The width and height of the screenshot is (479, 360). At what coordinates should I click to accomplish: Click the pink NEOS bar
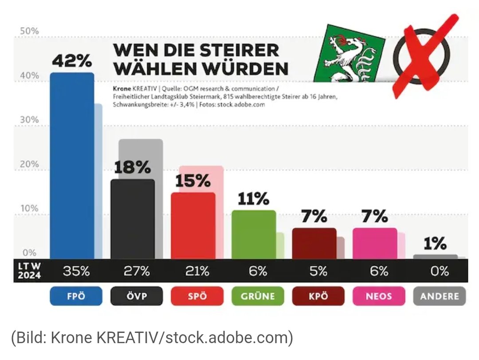[x=374, y=243]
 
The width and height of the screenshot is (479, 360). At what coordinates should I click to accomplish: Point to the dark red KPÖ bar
[x=314, y=243]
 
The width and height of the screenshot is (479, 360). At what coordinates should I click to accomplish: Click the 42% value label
[x=72, y=60]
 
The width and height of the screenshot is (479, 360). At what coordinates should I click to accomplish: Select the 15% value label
[x=193, y=181]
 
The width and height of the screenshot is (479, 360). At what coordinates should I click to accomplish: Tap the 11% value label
[x=253, y=199]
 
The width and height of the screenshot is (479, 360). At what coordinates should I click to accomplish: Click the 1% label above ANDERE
[x=435, y=243]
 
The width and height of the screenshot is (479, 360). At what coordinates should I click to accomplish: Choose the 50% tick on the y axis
[x=30, y=32]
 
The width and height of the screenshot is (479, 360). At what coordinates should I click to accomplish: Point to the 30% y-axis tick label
[x=30, y=120]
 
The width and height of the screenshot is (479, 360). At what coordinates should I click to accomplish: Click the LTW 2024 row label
[x=30, y=271]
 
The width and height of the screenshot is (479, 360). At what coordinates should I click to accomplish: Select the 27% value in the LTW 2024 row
[x=137, y=271]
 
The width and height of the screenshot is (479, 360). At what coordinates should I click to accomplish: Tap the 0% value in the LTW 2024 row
[x=439, y=271]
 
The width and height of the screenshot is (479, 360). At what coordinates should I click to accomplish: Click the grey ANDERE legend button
[x=439, y=296]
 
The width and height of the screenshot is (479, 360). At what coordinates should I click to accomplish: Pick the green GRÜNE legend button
[x=258, y=296]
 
